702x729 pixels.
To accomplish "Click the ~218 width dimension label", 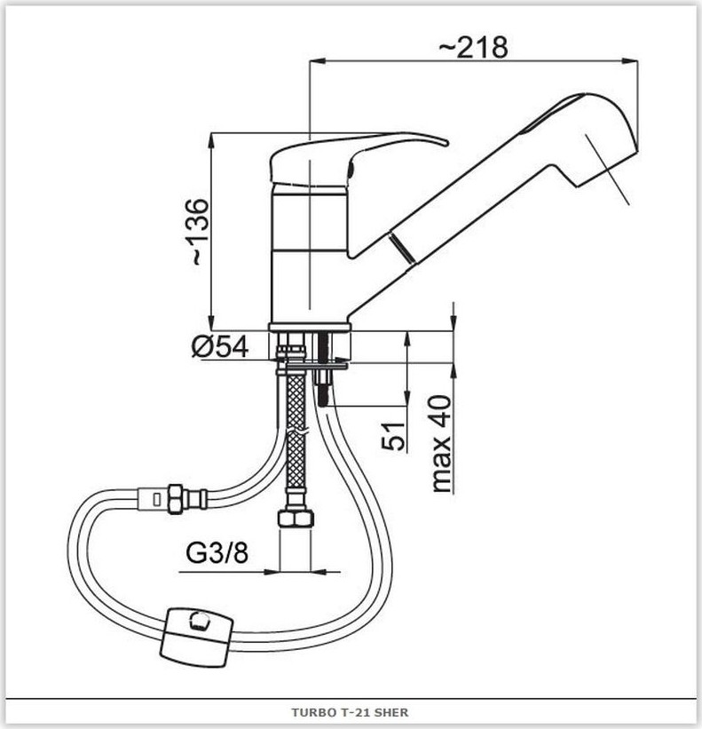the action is [473, 47].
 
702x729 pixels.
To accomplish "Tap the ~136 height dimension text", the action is [200, 232].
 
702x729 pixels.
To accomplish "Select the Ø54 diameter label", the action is [220, 347].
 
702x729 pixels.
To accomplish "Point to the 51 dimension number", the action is [393, 437].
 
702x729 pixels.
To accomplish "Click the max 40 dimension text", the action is [441, 444].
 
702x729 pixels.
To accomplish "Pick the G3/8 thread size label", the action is [217, 553].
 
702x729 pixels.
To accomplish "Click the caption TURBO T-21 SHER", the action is [350, 712].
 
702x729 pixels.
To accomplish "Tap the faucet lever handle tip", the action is [447, 142].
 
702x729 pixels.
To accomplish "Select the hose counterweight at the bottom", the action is [196, 638].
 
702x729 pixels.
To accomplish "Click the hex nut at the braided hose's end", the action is [296, 519].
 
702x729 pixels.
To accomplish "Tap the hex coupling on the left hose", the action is [175, 499].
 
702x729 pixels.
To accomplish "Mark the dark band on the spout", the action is [401, 249].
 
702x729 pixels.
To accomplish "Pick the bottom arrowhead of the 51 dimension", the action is [407, 399].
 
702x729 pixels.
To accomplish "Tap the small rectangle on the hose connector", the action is [156, 500].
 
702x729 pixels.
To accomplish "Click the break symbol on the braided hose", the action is [296, 432].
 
